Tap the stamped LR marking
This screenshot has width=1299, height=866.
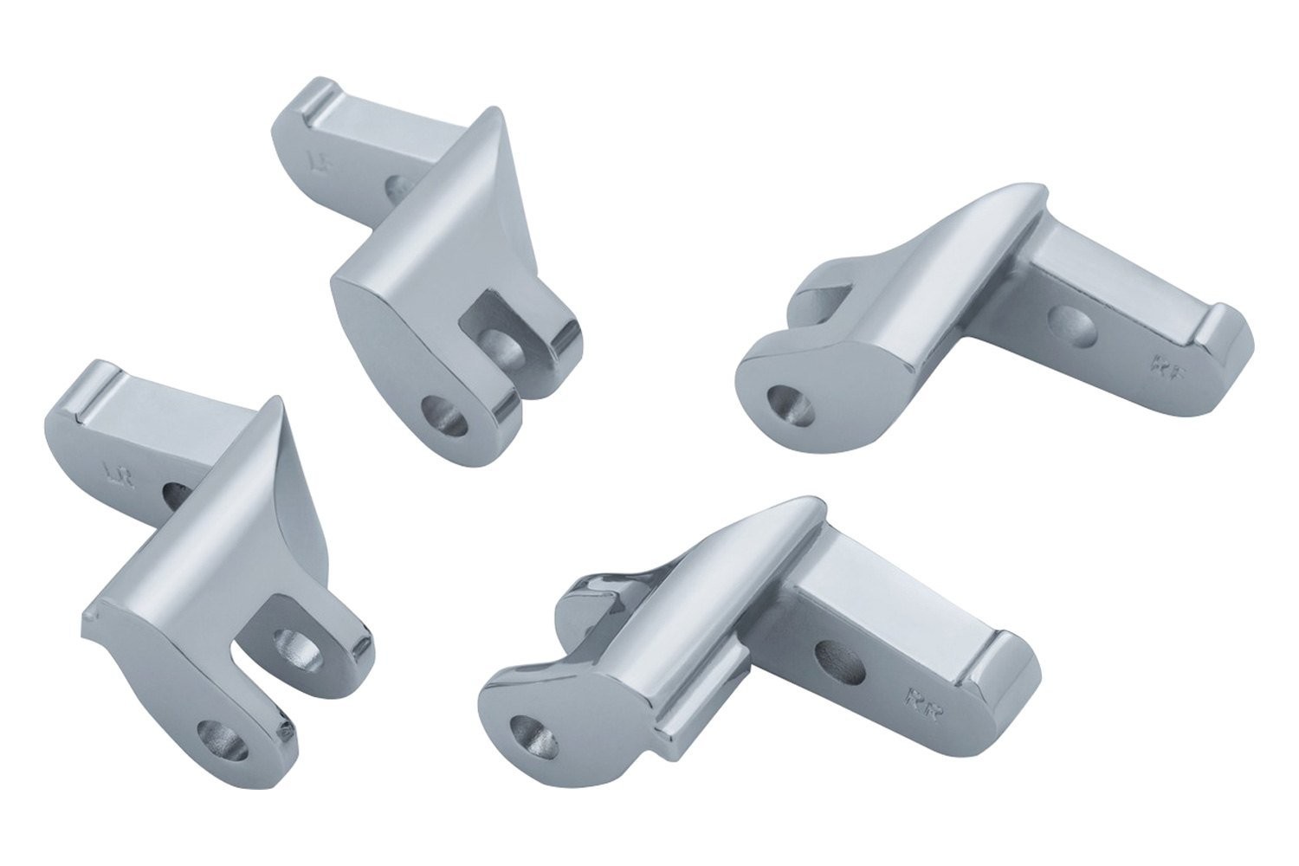pyautogui.click(x=112, y=473)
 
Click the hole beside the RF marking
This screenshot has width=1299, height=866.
pyautogui.click(x=1070, y=324)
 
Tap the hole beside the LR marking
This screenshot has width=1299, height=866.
pyautogui.click(x=177, y=494)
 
